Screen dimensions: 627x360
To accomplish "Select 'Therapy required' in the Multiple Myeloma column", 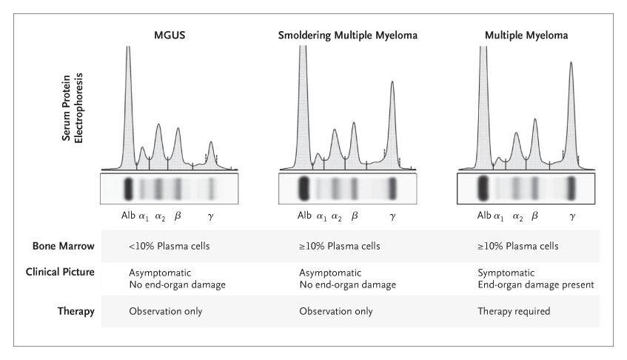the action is (x=514, y=311).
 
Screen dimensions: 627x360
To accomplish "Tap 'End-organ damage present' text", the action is (x=535, y=284).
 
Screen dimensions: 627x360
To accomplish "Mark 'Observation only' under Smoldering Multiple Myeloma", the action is (x=335, y=311).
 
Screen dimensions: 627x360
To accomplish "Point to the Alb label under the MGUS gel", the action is (x=127, y=216).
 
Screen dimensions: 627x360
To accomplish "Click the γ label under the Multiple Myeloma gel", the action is (x=572, y=216).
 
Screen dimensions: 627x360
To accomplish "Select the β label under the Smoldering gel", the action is (x=354, y=216).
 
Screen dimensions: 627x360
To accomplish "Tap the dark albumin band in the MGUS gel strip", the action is (x=127, y=189).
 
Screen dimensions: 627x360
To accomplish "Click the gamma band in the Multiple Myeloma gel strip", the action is (x=571, y=188).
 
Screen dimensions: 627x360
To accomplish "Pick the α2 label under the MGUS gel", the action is (x=160, y=216).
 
